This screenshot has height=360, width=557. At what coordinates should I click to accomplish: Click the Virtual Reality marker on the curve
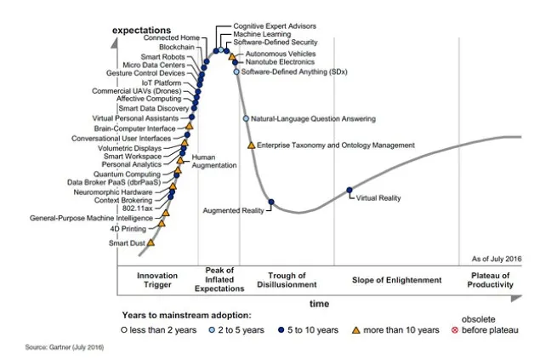pyautogui.click(x=350, y=191)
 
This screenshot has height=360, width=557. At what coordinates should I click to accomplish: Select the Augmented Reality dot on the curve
pyautogui.click(x=271, y=203)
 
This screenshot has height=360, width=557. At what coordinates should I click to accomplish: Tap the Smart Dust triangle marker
pyautogui.click(x=151, y=243)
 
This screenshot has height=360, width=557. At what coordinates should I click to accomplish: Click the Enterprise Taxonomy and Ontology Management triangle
pyautogui.click(x=251, y=146)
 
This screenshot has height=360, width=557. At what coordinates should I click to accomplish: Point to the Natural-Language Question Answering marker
pyautogui.click(x=246, y=119)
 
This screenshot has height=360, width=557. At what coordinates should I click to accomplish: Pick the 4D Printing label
pyautogui.click(x=128, y=228)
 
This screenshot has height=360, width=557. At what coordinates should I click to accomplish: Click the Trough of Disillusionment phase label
pyautogui.click(x=293, y=280)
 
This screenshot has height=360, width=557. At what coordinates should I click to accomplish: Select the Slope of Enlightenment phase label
pyautogui.click(x=397, y=280)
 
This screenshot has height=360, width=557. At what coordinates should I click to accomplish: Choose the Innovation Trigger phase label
pyautogui.click(x=159, y=280)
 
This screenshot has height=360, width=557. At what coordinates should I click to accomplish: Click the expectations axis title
pyautogui.click(x=146, y=31)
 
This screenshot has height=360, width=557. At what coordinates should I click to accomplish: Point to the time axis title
pyautogui.click(x=319, y=303)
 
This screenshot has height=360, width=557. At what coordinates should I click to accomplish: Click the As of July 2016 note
pyautogui.click(x=496, y=258)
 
